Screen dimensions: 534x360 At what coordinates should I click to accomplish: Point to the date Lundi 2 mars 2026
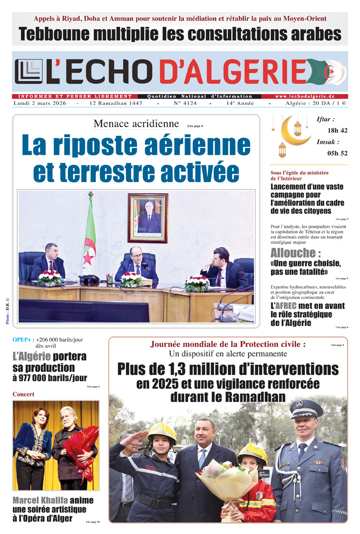(41, 104)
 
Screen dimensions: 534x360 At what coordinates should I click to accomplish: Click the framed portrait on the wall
(148, 218)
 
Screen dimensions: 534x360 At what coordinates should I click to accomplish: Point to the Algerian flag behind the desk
(89, 234)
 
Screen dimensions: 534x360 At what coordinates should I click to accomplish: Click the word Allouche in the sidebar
(293, 253)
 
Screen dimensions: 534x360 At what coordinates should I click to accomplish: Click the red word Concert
(23, 394)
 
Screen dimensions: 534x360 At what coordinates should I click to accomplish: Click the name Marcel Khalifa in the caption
(41, 500)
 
